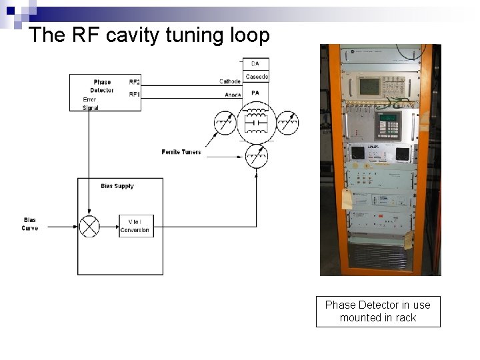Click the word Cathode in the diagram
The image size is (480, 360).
(x=230, y=82)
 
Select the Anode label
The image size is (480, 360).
(x=233, y=95)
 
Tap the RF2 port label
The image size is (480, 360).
(x=135, y=81)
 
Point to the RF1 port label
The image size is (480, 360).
(x=135, y=95)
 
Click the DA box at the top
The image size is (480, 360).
(x=255, y=63)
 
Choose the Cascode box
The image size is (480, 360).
(x=255, y=77)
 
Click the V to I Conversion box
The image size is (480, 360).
(x=135, y=226)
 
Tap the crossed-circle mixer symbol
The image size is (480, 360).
(x=89, y=226)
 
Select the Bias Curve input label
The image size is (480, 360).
(x=30, y=224)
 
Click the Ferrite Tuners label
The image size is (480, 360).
(x=181, y=152)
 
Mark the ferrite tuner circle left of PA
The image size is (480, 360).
(x=225, y=123)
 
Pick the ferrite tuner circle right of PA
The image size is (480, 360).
(x=287, y=123)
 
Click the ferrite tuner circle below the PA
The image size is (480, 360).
(x=256, y=156)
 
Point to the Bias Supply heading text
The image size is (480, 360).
(x=117, y=186)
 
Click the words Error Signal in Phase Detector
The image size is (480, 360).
(x=90, y=104)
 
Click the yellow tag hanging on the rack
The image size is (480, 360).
(x=347, y=199)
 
